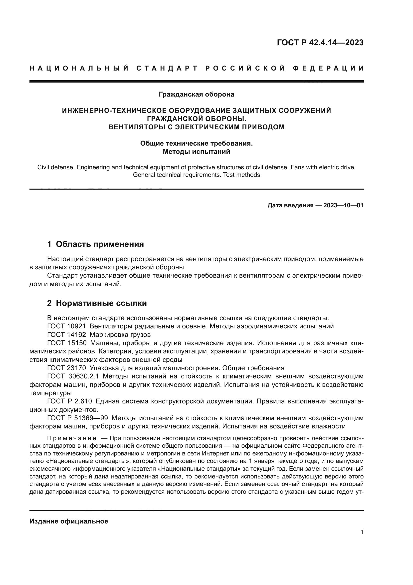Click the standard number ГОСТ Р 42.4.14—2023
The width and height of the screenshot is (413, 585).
pos(320,43)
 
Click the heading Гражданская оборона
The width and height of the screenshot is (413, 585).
pos(196,94)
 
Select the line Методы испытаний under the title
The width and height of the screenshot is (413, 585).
pos(196,152)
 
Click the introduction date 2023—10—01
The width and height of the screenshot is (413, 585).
pos(343,205)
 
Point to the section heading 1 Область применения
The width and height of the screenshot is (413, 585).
pos(95,244)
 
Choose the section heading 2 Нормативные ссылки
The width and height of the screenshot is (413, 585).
pos(97,303)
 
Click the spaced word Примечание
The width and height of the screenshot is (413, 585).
pos(72,438)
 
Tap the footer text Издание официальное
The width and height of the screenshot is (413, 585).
pos(69,521)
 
